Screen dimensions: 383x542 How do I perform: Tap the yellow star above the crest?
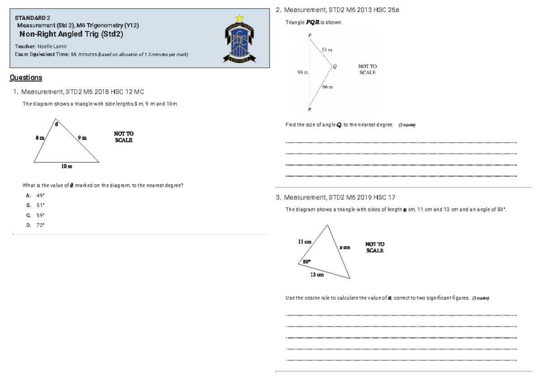coord(239,18)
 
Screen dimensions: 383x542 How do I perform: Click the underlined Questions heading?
coord(26,78)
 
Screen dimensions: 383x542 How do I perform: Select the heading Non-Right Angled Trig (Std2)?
coord(71,34)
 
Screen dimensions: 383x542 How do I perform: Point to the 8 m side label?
coord(40,137)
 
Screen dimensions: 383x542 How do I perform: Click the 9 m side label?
coord(82,137)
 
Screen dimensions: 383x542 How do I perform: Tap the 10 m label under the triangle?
coord(66,166)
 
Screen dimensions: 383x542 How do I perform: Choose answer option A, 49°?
coord(36,195)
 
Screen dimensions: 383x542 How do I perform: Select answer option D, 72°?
coord(36,225)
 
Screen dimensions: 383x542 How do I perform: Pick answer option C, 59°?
coord(36,215)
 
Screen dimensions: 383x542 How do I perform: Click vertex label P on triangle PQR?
coord(310,35)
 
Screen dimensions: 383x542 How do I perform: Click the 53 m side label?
coord(327,50)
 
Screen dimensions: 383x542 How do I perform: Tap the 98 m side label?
coord(303,72)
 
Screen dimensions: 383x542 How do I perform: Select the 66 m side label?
coord(327,87)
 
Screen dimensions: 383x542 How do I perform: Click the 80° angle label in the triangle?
coord(307,261)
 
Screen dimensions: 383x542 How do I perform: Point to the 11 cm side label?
coord(304,242)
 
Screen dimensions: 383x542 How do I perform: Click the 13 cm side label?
coord(317,275)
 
